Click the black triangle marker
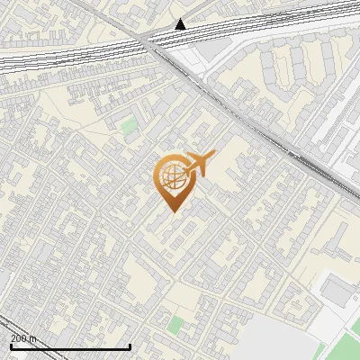point(181,24)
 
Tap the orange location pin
point(172,181)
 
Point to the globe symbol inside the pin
point(172,175)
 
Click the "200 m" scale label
point(23,338)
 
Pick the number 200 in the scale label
point(19,338)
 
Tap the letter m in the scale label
point(33,338)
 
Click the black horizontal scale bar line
point(70,346)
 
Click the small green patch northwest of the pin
point(130,126)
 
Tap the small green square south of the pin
point(175,324)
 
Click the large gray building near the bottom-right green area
point(336,290)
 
